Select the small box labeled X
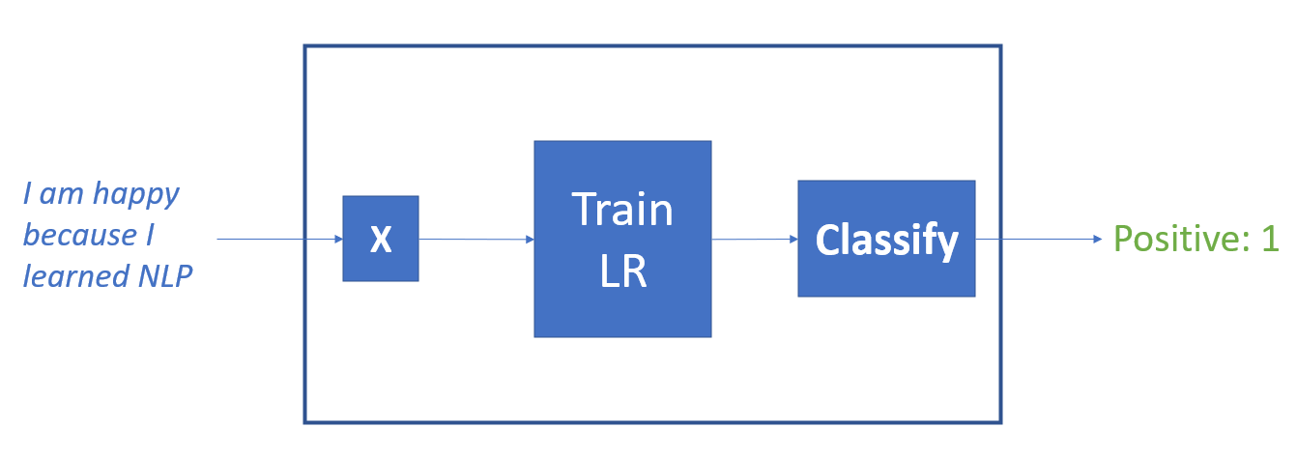click(x=381, y=239)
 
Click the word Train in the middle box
click(x=622, y=210)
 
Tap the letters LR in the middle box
click(x=622, y=272)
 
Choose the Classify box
click(x=886, y=239)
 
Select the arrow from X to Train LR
click(x=474, y=239)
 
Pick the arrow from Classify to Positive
click(x=1034, y=239)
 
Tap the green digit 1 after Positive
click(x=1270, y=239)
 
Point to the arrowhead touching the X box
click(x=337, y=239)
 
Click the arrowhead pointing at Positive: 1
click(x=1096, y=239)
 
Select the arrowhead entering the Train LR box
click(x=529, y=239)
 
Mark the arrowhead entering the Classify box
click(x=793, y=239)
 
